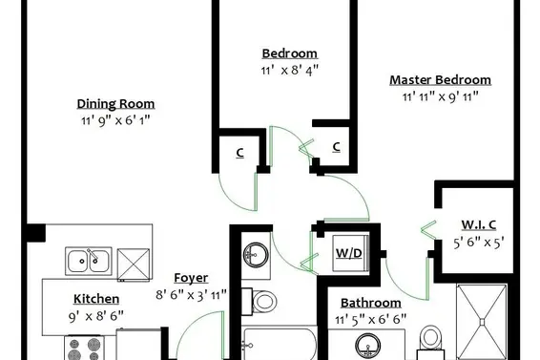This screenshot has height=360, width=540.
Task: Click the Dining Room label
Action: (x=115, y=104)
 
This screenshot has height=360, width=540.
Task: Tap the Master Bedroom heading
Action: (x=440, y=80)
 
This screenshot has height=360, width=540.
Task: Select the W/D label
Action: (x=348, y=253)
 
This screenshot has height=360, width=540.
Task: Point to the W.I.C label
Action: (x=479, y=224)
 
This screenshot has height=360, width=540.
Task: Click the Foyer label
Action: (x=191, y=278)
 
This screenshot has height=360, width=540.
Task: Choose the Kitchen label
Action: (x=96, y=299)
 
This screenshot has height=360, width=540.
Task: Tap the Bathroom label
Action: (x=371, y=303)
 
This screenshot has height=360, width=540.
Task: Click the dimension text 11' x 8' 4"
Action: (x=290, y=71)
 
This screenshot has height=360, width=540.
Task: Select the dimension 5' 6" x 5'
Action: (x=479, y=243)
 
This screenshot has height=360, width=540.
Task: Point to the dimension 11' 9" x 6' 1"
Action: (x=115, y=120)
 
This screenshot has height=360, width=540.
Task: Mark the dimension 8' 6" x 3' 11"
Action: (x=191, y=295)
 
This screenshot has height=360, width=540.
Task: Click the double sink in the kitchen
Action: (x=89, y=261)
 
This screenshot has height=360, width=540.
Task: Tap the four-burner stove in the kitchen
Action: (x=84, y=349)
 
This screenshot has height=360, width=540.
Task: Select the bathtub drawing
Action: (x=280, y=344)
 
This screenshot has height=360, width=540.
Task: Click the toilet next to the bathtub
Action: (x=259, y=302)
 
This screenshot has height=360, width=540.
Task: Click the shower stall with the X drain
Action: (x=482, y=322)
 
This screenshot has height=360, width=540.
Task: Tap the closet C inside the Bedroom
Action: (x=337, y=147)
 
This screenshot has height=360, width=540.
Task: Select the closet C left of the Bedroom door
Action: (x=240, y=153)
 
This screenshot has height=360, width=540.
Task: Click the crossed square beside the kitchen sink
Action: (x=134, y=265)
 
